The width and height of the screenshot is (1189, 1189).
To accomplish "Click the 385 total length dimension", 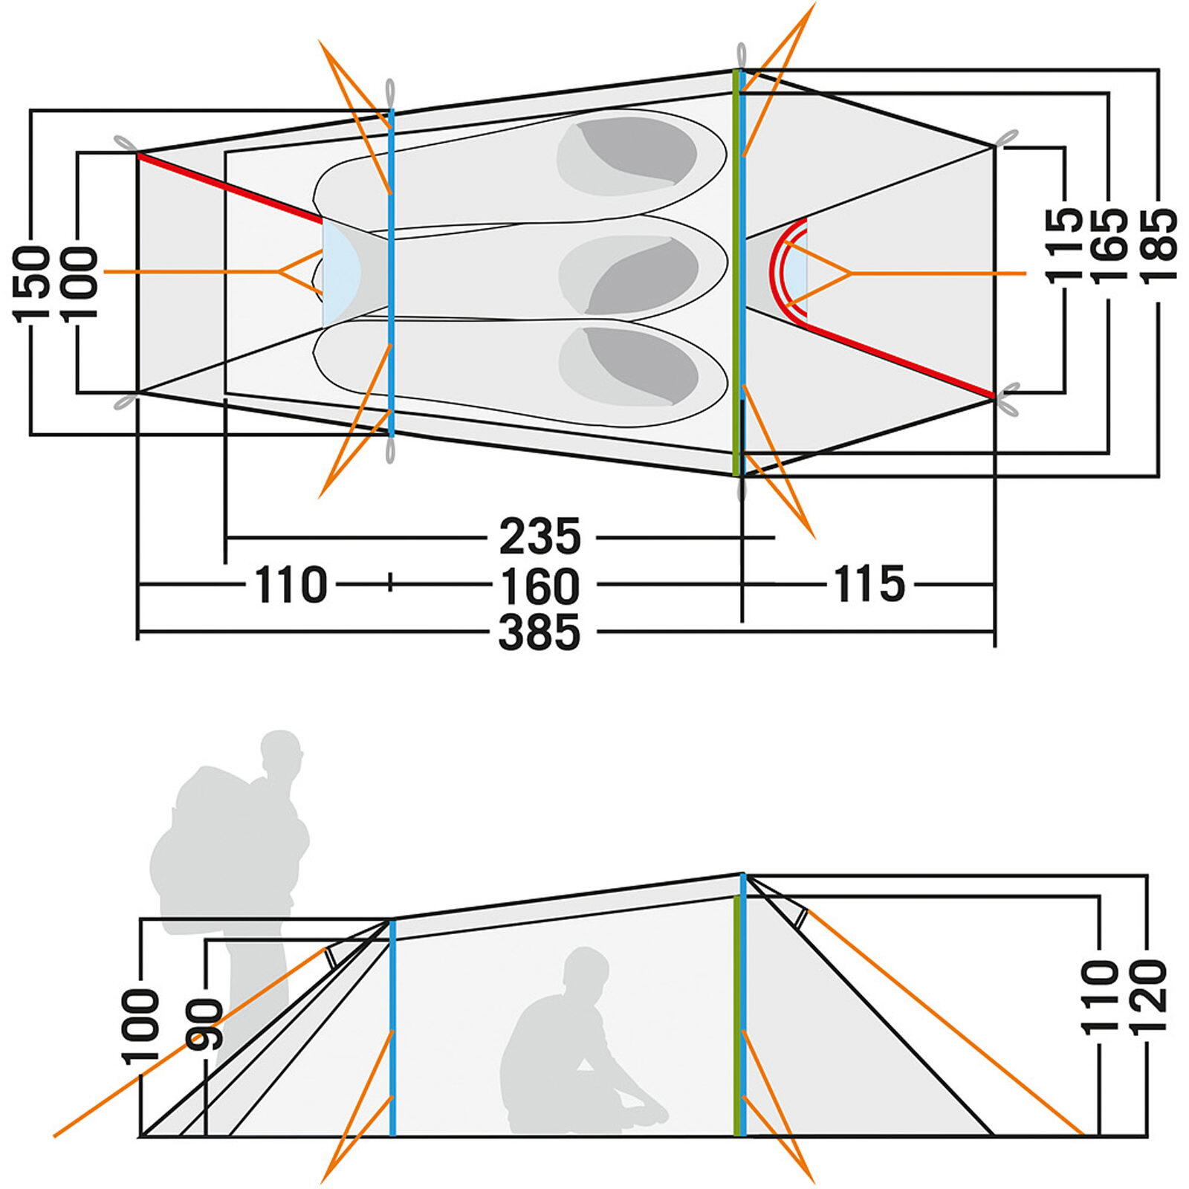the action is pos(540,633).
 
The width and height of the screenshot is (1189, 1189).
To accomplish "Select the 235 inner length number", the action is pos(540,536).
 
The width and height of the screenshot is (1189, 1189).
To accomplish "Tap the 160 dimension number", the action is pos(540,586).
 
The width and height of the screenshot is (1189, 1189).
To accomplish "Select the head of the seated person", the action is pos(585,968).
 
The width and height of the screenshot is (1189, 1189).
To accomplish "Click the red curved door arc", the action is pos(782,273).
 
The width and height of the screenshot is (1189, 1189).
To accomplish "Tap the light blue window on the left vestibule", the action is pos(340,273).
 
